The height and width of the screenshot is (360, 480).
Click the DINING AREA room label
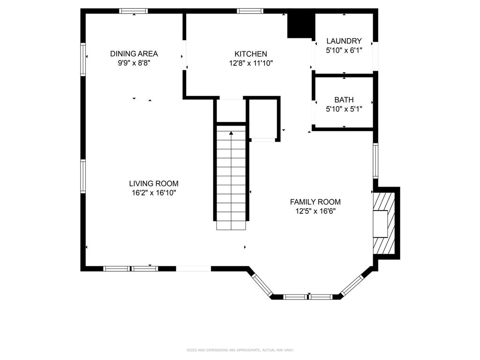[x=134, y=54]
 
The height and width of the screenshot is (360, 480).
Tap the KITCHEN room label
[x=251, y=54]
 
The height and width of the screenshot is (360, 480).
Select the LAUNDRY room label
[x=344, y=41]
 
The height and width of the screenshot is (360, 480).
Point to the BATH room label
[x=344, y=100]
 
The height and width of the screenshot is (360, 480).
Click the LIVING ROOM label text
[x=154, y=184]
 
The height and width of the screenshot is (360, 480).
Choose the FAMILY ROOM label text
[x=315, y=202]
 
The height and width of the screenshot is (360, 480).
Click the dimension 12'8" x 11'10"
[x=251, y=63]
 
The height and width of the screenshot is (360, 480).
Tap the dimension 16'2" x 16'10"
[x=154, y=193]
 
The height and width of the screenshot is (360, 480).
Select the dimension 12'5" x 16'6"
[x=315, y=211]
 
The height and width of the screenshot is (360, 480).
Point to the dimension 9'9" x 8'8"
[x=134, y=63]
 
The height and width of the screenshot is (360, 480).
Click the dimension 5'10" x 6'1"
[x=344, y=51]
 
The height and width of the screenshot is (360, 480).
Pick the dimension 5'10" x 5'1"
[x=344, y=109]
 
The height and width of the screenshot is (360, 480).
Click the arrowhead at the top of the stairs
[x=231, y=133]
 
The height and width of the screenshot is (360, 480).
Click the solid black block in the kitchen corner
[x=301, y=26]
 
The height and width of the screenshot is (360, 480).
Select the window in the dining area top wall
[x=134, y=11]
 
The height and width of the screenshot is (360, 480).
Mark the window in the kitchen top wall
[x=250, y=11]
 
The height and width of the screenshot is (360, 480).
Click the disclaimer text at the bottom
[x=240, y=350]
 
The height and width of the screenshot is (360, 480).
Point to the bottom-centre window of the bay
[x=307, y=297]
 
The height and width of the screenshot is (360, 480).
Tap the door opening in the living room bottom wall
[x=194, y=269]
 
